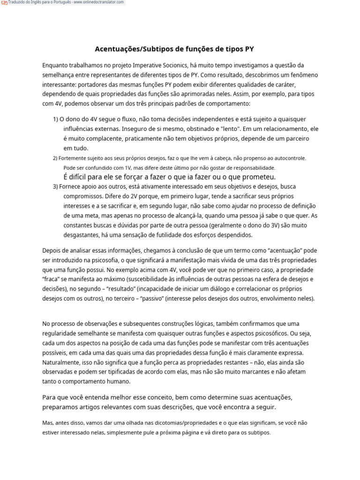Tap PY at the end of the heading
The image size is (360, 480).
[x=249, y=48]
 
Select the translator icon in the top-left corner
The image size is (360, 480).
[x=4, y=3]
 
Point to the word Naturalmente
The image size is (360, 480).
[x=62, y=362]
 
